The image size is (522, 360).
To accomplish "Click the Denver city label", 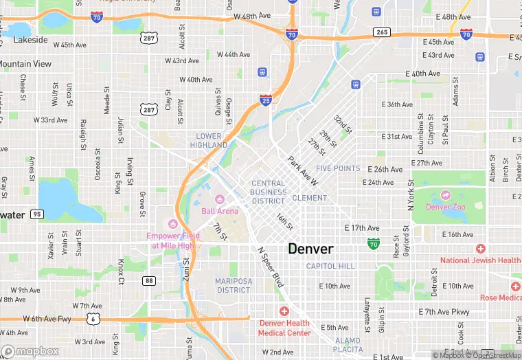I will [310, 249].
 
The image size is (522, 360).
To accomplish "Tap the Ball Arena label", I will [220, 211].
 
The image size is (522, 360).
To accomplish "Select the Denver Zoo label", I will [449, 207].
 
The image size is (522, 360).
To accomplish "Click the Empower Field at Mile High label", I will [172, 240].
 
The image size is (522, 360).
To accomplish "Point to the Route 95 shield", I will [36, 215].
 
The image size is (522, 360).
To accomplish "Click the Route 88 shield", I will [150, 280].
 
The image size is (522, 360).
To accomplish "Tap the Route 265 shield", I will [382, 32].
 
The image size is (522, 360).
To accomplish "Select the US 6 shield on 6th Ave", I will [92, 318].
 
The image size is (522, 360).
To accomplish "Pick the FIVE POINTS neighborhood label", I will [337, 168].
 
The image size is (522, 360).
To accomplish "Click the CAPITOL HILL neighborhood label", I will [330, 266].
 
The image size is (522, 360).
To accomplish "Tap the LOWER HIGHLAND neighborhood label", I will [209, 141].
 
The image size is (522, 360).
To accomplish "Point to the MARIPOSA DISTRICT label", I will [232, 286].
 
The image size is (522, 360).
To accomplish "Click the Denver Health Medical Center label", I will [284, 328].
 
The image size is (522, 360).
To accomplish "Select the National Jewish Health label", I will [480, 260].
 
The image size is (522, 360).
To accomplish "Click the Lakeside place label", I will [31, 40].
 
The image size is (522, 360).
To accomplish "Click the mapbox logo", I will [30, 351].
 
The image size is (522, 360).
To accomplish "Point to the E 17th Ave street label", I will [361, 227].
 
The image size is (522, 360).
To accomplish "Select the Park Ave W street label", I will [303, 172].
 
